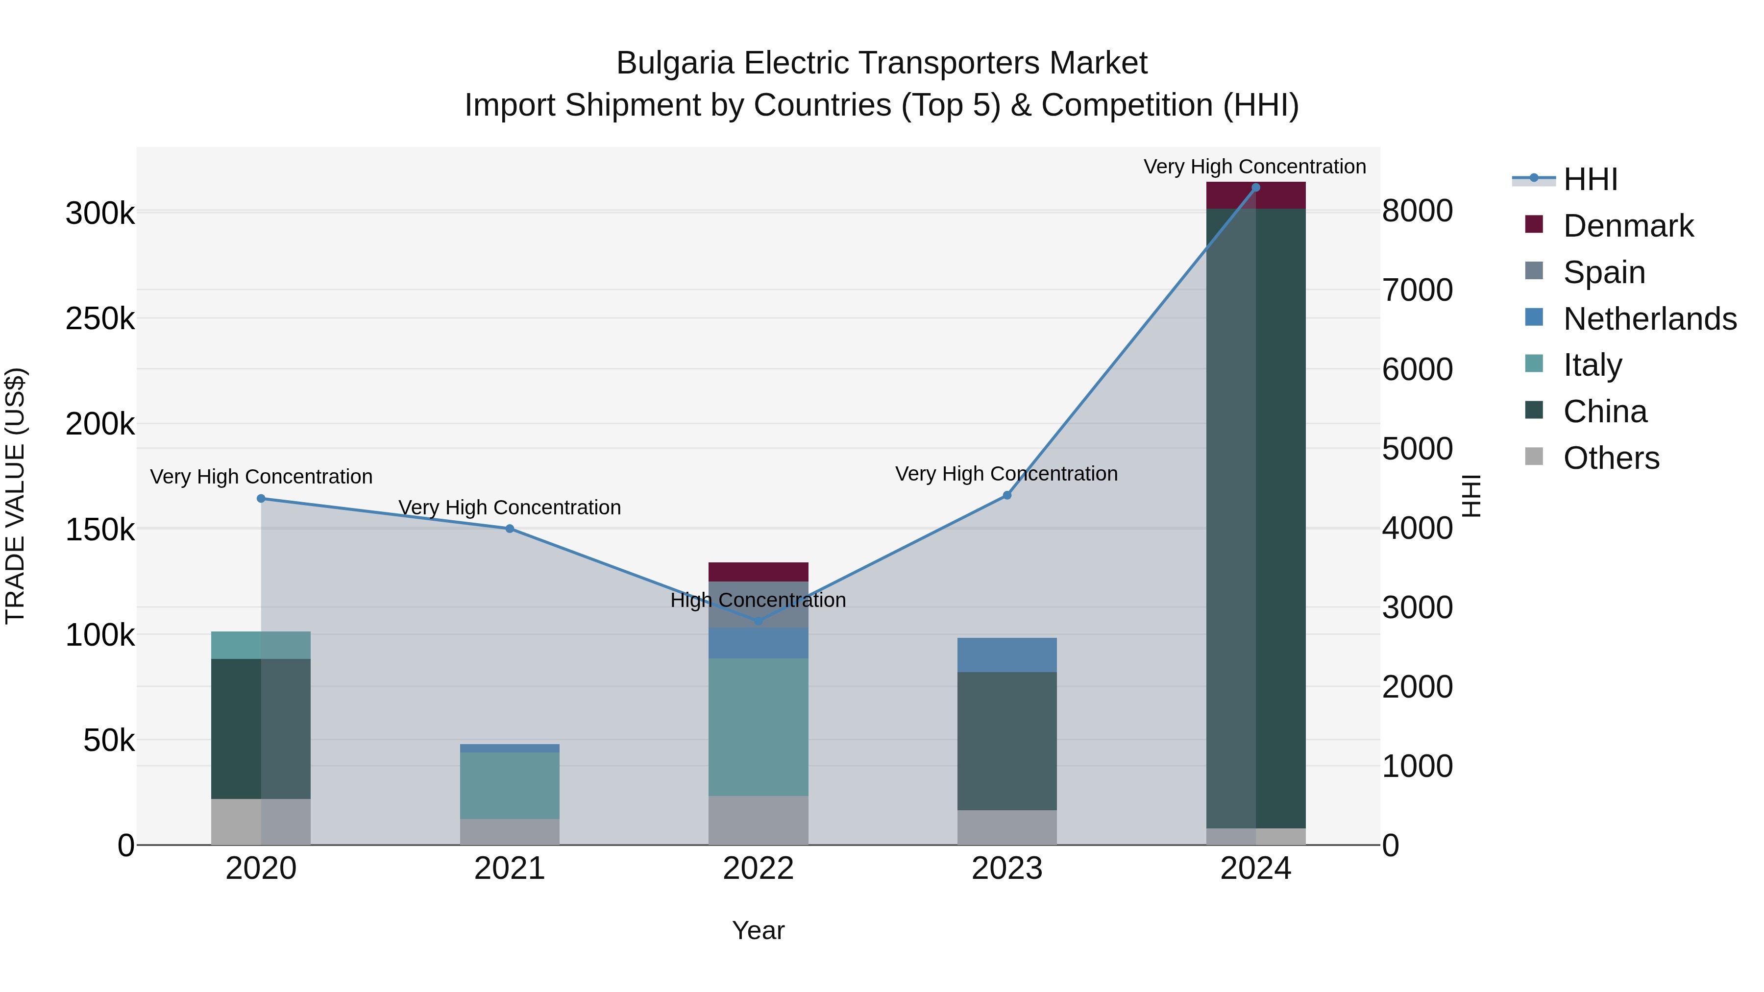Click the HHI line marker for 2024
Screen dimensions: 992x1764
[1255, 188]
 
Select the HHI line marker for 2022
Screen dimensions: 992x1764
[758, 621]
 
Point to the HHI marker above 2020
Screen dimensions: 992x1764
[261, 498]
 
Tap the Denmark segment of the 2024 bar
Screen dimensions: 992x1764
[1255, 196]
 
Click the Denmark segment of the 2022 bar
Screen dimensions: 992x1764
[758, 572]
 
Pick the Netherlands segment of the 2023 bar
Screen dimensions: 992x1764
[1006, 654]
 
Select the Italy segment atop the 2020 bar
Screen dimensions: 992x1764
[261, 645]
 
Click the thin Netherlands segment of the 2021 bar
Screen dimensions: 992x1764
[510, 748]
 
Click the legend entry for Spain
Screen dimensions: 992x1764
[1604, 272]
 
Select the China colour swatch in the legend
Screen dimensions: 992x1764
[1534, 411]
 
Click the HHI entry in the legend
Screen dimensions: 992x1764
[1590, 179]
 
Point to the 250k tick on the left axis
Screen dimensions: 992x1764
[100, 319]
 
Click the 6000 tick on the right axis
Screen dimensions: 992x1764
[1417, 370]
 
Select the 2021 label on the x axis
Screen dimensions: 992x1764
[510, 869]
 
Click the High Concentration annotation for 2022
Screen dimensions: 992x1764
[758, 601]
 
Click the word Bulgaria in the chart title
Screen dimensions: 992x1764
[675, 63]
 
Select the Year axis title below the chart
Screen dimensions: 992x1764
[758, 930]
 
